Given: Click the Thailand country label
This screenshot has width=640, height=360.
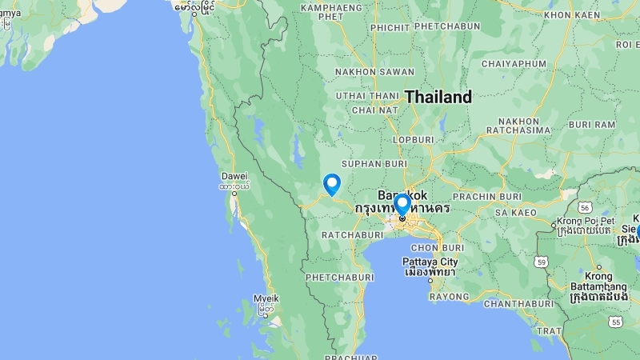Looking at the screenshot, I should (438, 97).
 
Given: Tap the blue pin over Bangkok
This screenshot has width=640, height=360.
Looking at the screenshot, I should (402, 204).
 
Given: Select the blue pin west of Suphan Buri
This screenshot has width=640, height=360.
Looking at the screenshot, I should (331, 184).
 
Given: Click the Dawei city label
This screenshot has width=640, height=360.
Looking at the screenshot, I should (234, 176).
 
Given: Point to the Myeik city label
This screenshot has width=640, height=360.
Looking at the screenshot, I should (266, 298).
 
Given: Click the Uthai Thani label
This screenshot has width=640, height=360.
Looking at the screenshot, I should (366, 96).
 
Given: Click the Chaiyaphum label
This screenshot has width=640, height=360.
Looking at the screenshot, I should (512, 63).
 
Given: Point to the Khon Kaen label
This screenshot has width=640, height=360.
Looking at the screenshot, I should (572, 14).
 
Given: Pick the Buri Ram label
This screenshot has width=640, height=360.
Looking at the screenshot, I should (592, 125).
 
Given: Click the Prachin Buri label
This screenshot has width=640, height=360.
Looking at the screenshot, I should (487, 196).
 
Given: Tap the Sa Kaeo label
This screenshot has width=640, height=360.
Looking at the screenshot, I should (515, 213).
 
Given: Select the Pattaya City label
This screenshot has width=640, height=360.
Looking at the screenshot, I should (430, 262).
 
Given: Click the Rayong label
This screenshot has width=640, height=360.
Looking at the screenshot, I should (449, 296).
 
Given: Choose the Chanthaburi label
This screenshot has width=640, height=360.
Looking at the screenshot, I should (518, 304).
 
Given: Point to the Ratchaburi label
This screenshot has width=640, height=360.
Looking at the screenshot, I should (353, 235).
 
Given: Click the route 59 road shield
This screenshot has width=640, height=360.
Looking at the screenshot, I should (541, 261).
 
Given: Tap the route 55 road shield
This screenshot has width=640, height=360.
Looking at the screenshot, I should (614, 322).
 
